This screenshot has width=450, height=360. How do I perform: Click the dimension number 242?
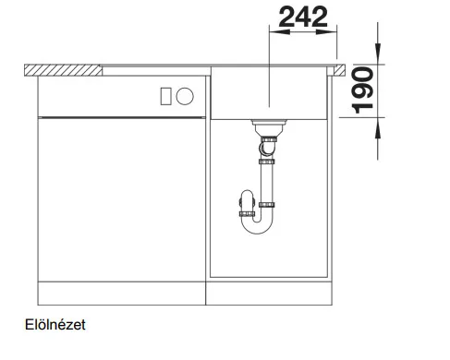303,18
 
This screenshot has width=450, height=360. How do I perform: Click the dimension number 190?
363,90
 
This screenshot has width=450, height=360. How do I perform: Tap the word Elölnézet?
55,325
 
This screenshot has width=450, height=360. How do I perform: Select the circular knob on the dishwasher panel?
185,96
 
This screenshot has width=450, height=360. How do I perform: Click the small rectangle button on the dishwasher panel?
165,96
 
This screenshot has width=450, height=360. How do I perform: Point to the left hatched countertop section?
63,70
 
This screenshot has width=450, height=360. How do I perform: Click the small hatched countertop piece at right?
338,70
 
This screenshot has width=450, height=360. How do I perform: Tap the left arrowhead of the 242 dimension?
279,31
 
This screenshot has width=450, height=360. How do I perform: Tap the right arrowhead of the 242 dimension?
326,31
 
